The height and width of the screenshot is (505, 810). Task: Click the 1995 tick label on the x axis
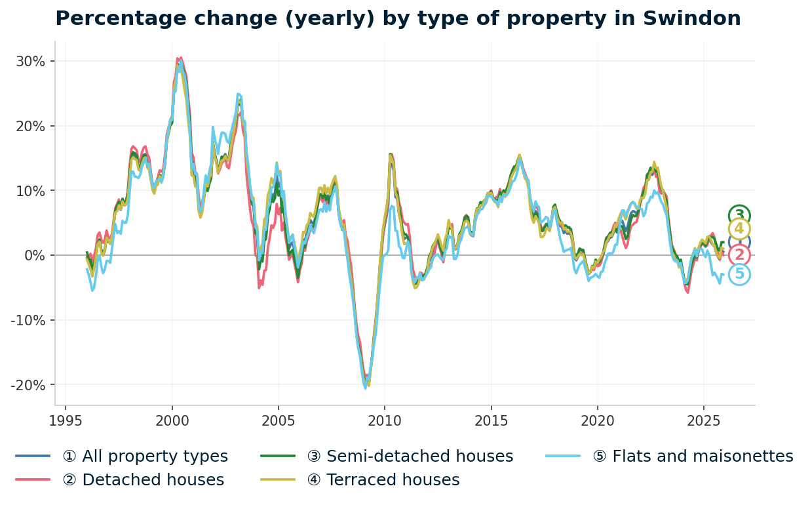66,420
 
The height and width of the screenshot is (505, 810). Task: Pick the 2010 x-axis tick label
384,420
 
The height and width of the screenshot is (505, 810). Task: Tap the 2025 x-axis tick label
703,420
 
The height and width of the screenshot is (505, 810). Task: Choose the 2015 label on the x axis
490,420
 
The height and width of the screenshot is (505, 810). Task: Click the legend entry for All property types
145,456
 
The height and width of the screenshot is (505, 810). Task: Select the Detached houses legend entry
143,480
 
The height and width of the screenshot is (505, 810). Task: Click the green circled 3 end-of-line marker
739,215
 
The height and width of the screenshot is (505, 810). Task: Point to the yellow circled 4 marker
739,229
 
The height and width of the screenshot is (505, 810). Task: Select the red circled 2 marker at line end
739,255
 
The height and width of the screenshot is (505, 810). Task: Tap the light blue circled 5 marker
739,274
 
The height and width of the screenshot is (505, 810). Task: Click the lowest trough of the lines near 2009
366,388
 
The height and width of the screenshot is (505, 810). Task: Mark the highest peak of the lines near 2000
180,58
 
